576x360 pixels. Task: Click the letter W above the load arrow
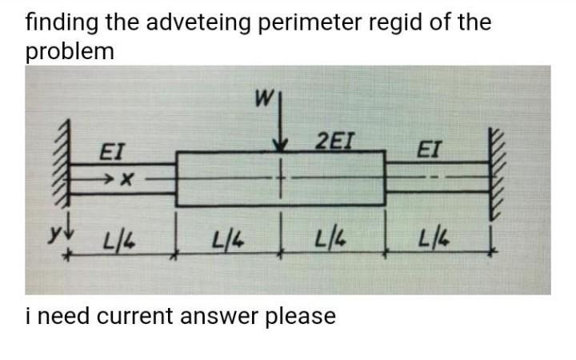click(262, 102)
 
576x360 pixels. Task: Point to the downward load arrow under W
click(281, 128)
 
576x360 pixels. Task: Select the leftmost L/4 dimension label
click(118, 238)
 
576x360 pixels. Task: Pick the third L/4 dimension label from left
click(329, 238)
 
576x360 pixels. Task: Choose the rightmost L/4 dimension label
click(437, 237)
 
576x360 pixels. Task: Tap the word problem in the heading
click(70, 51)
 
